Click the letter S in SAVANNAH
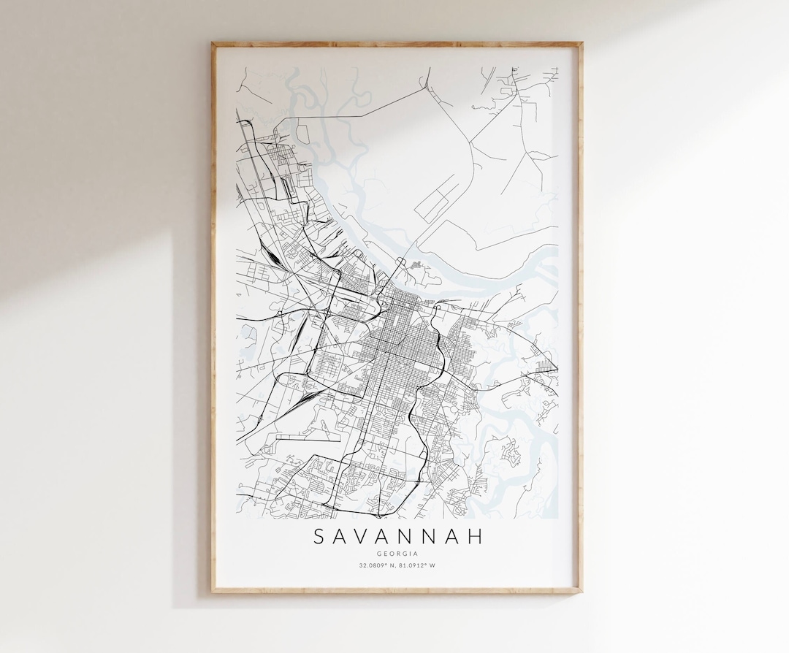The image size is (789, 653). click(319, 538)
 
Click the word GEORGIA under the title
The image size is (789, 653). click(397, 554)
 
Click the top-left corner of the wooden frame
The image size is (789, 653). click(213, 44)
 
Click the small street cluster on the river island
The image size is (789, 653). click(416, 265)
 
